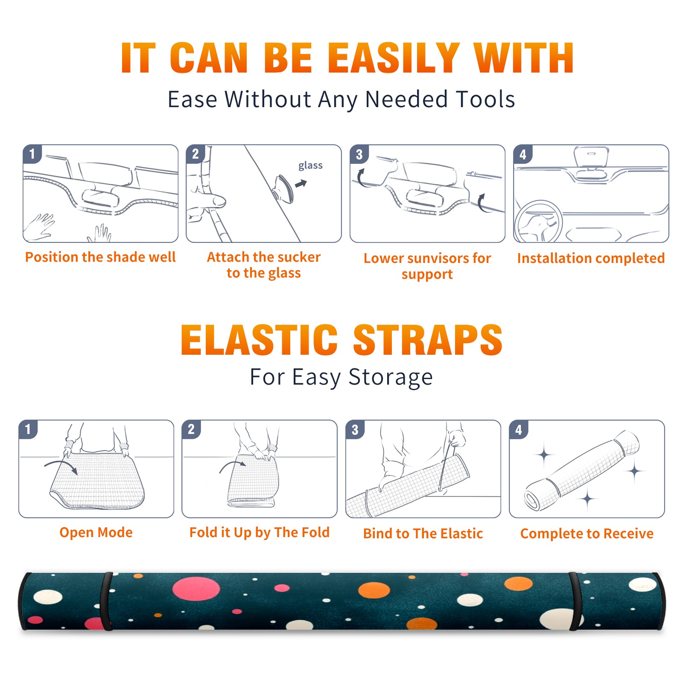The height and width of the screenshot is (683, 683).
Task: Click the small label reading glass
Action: pos(310,166)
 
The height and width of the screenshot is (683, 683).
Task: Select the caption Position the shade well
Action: pos(100,257)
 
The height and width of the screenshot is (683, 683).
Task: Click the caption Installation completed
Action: pos(591,258)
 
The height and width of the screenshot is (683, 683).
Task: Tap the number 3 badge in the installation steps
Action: pos(359,154)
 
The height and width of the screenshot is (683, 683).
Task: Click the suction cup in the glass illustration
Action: pos(284,189)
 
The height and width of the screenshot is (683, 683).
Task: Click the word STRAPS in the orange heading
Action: pos(428,340)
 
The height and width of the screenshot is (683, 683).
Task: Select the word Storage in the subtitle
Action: pos(391,377)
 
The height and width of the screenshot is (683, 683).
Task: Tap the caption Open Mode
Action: pos(96,532)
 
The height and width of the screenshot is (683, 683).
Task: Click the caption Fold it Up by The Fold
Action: pos(260,532)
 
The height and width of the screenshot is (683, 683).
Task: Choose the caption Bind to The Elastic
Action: pos(423,534)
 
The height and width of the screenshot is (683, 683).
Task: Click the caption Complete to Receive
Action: pos(587,534)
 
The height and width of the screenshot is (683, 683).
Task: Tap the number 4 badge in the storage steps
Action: pos(519,429)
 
